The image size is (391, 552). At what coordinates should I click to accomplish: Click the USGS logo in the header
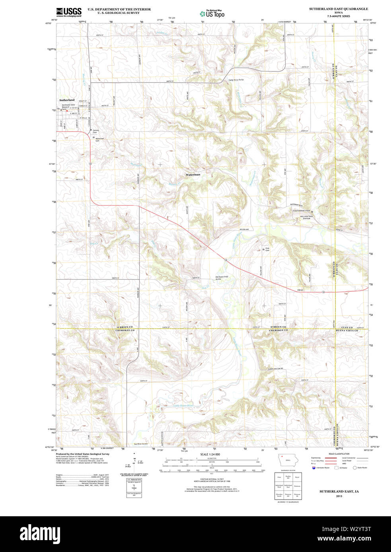pyautogui.click(x=68, y=12)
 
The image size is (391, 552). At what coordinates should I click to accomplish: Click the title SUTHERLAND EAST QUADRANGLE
pyautogui.click(x=338, y=9)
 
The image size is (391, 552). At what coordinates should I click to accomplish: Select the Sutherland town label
pyautogui.click(x=67, y=100)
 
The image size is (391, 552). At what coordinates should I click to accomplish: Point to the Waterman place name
pyautogui.click(x=193, y=175)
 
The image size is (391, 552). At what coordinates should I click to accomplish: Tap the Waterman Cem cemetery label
pyautogui.click(x=99, y=139)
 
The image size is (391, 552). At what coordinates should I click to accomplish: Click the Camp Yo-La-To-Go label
pyautogui.click(x=236, y=80)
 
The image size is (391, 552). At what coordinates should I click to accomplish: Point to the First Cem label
pyautogui.click(x=267, y=249)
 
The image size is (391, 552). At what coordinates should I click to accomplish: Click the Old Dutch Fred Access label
pyautogui.click(x=222, y=278)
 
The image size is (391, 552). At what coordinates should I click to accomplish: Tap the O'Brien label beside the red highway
pyautogui.click(x=300, y=290)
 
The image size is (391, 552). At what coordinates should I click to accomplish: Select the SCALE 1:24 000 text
pyautogui.click(x=210, y=454)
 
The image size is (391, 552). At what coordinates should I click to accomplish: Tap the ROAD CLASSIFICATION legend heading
pyautogui.click(x=339, y=454)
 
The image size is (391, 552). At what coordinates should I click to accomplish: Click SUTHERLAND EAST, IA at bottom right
pyautogui.click(x=339, y=492)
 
